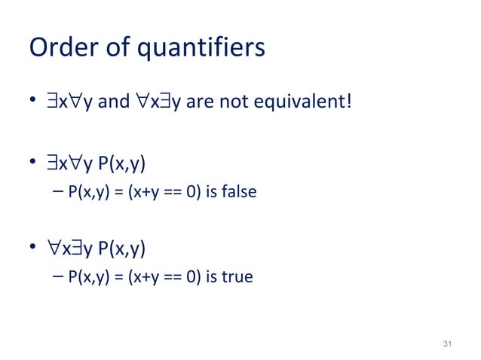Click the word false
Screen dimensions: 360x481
(x=239, y=193)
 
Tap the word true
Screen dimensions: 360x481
(x=237, y=277)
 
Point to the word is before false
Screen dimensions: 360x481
(x=212, y=193)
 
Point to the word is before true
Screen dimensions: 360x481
(x=212, y=277)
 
